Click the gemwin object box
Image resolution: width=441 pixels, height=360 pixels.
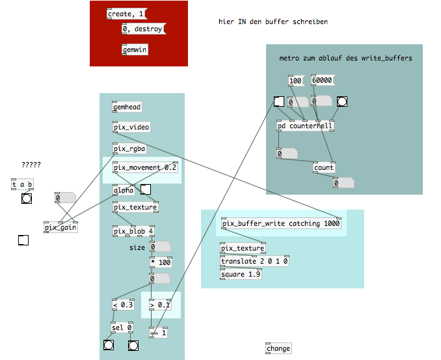(135, 49)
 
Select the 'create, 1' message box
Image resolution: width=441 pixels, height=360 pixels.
(126, 14)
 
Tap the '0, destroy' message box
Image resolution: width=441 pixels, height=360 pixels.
(143, 29)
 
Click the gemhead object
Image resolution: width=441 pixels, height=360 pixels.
(127, 107)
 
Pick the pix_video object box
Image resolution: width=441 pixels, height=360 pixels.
(131, 127)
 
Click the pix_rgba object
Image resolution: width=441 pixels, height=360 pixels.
(129, 149)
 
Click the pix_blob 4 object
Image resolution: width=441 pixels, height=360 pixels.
(133, 231)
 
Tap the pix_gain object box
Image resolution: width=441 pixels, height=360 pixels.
(60, 227)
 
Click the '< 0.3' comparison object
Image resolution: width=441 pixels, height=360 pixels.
(123, 305)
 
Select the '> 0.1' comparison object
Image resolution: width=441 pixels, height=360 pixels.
(161, 305)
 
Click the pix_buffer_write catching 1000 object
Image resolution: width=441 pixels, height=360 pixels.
(281, 224)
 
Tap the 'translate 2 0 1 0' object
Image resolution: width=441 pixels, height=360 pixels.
(255, 261)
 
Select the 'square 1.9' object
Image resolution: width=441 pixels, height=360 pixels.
(241, 273)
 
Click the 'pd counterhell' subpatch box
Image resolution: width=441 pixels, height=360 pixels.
(305, 126)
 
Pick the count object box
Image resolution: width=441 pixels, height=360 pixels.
(324, 167)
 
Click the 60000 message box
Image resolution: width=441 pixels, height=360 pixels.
(322, 80)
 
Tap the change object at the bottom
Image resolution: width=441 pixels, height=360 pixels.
(278, 348)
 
